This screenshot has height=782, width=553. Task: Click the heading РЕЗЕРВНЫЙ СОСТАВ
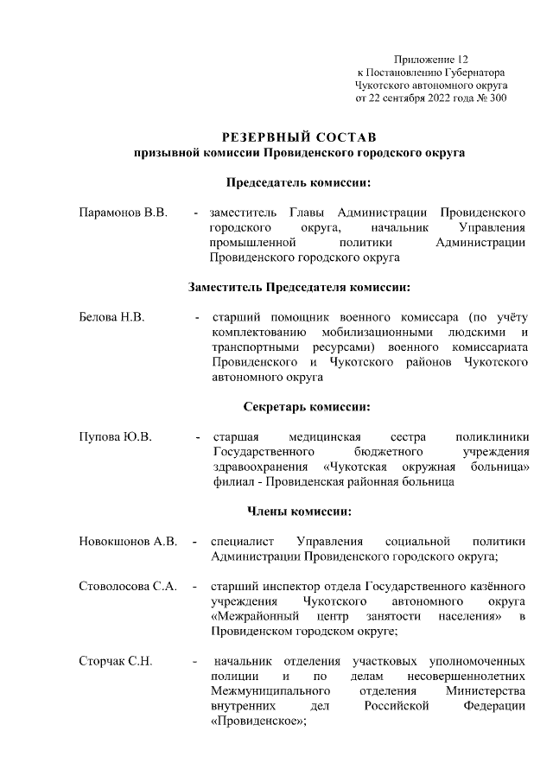coord(299,138)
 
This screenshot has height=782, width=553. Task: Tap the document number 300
coord(498,99)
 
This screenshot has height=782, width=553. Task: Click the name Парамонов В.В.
coord(123,212)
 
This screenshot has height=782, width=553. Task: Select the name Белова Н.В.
coord(111,317)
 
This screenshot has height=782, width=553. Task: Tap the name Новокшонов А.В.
coord(128,542)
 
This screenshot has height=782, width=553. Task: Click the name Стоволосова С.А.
coord(128,587)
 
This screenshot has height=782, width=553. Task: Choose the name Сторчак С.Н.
coord(116,661)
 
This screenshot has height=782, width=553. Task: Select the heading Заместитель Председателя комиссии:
coord(299,287)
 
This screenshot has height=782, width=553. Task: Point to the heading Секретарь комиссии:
coord(299,406)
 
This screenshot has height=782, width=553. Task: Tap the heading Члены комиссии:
coord(299,512)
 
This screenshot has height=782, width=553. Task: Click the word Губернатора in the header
coord(476,73)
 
